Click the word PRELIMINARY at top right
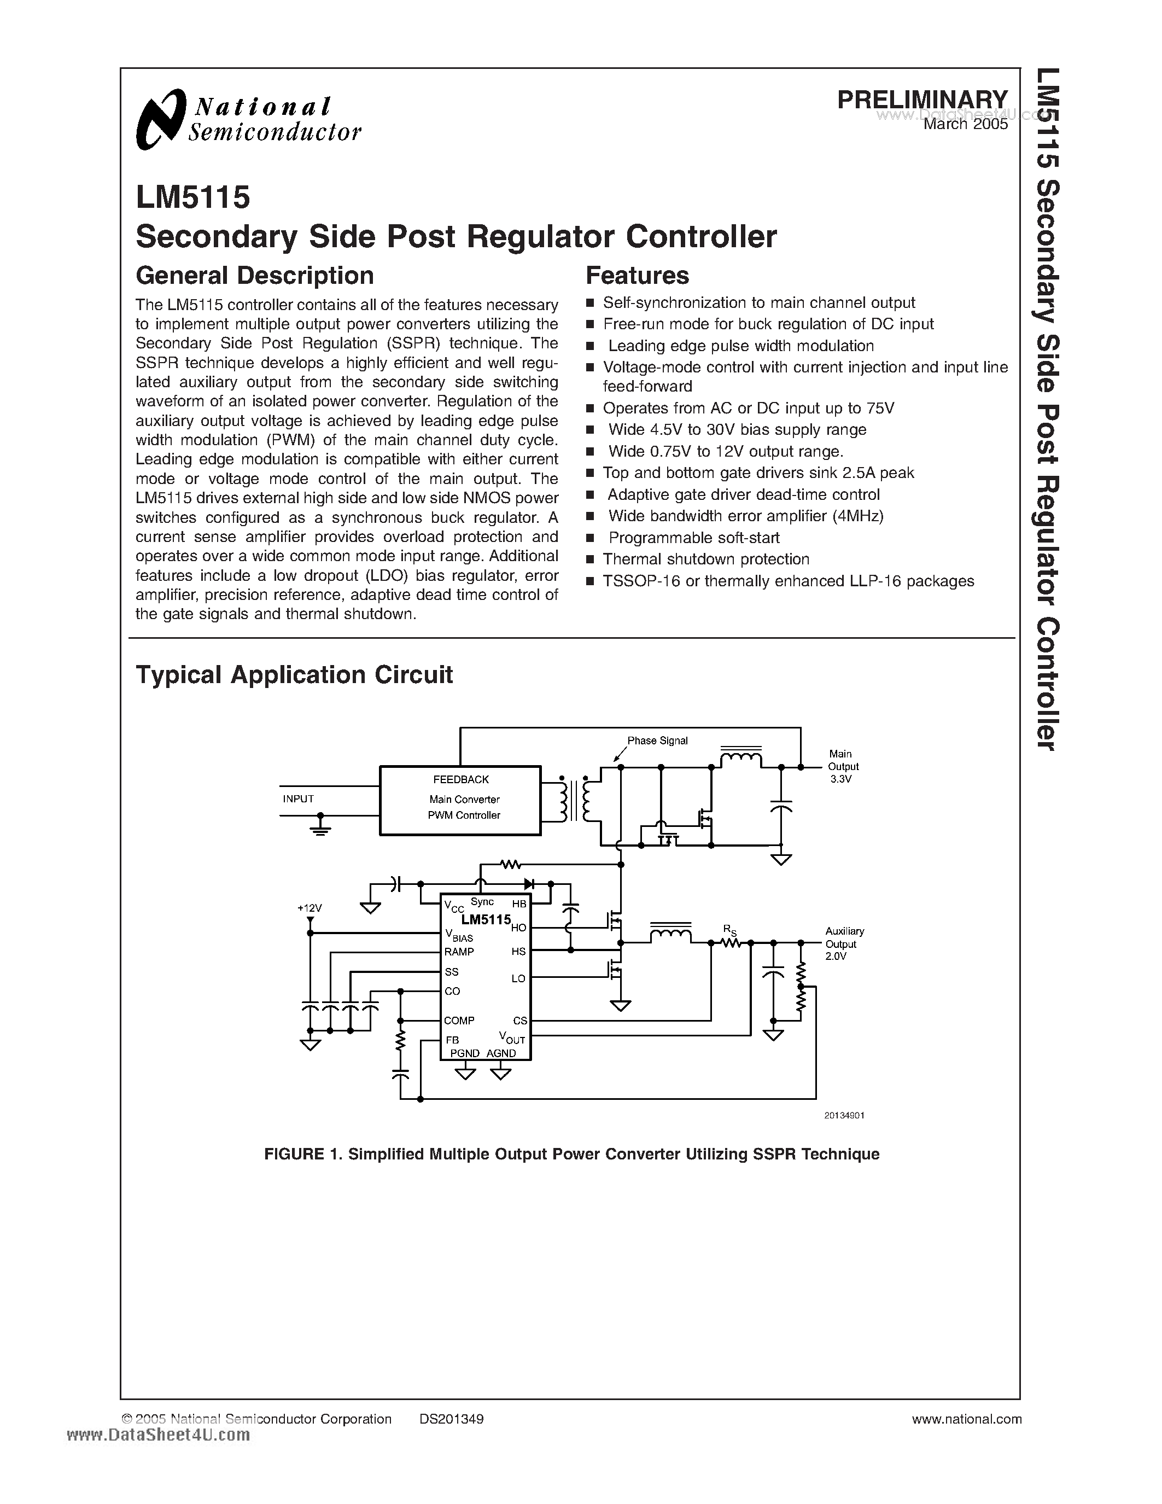point(922,100)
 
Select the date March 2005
point(965,124)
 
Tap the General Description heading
point(255,276)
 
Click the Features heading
point(637,276)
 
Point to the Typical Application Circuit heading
point(294,675)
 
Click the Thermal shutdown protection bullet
point(705,559)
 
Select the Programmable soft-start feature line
point(694,538)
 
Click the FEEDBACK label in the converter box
point(460,779)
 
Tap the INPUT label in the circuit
point(298,799)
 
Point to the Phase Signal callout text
point(657,741)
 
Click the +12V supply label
point(310,908)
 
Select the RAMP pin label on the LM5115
point(459,952)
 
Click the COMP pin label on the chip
point(459,1021)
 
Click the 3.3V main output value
point(841,779)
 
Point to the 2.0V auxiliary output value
point(836,957)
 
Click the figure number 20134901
point(843,1115)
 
